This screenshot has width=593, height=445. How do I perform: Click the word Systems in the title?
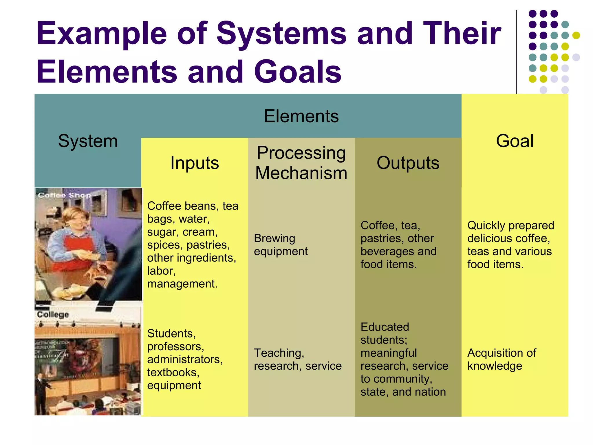coord(281,34)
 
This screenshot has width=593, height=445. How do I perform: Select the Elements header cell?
coord(301,116)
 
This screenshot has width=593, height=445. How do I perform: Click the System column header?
coord(88,141)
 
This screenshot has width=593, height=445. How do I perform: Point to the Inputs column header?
coord(195,163)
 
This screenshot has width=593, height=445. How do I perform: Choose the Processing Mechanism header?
coord(301,163)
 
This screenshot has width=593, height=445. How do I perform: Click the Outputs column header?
coord(408,163)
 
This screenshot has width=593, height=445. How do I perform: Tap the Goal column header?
coord(515,141)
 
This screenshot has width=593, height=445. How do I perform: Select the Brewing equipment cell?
coord(280,245)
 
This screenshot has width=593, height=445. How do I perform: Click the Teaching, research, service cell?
coord(297,359)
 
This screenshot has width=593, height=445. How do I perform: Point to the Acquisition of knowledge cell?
coord(502,359)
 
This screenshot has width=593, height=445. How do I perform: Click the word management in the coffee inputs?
coord(182,284)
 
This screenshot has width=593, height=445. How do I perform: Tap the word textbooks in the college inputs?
coord(173,373)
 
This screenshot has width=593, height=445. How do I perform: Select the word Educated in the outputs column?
coord(385,327)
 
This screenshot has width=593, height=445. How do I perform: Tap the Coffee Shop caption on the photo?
coord(64,195)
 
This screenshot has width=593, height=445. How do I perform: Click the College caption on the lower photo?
coord(53,314)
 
